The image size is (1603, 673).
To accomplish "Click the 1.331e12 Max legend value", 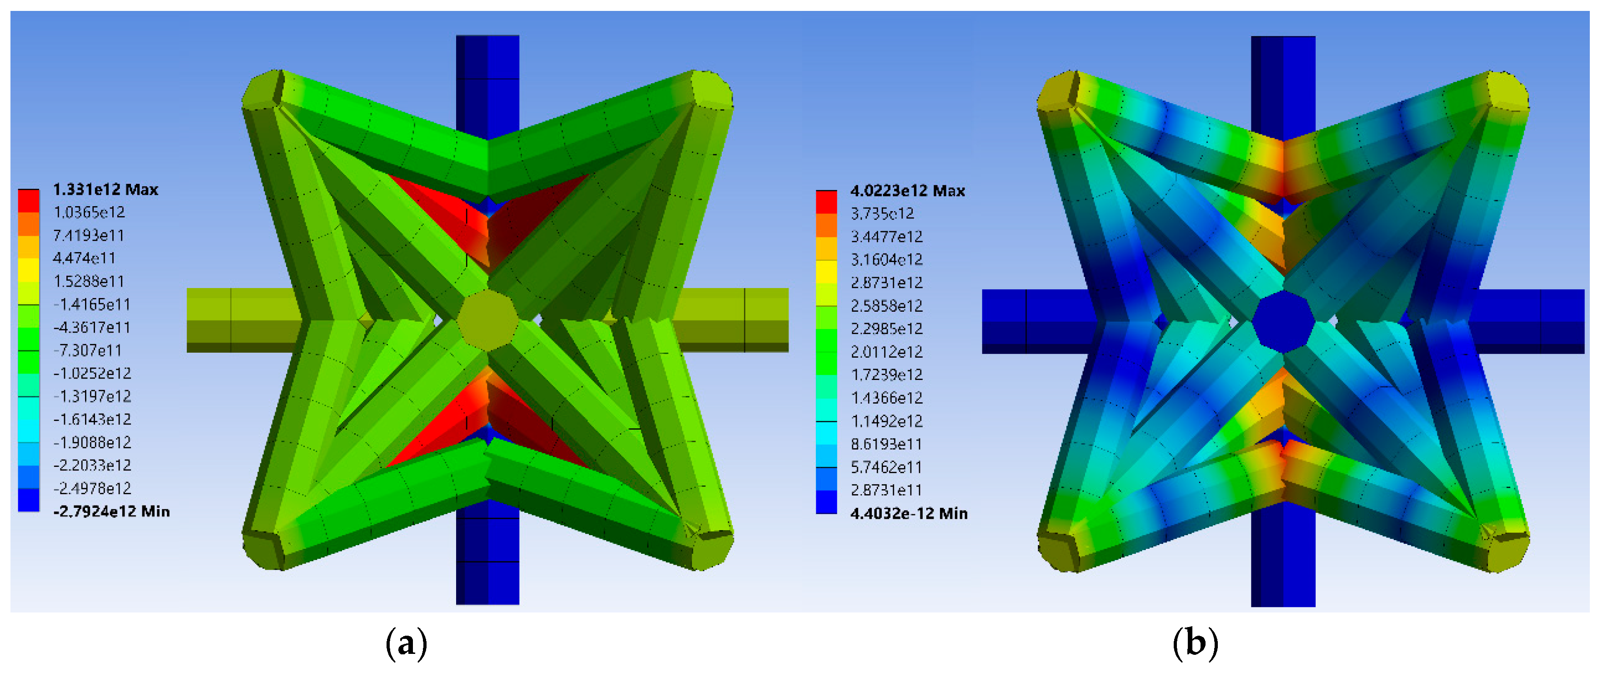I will [105, 189].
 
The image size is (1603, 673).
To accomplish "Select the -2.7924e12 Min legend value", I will [111, 511].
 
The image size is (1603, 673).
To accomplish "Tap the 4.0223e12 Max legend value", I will [907, 191].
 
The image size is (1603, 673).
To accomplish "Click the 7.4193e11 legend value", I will [88, 235].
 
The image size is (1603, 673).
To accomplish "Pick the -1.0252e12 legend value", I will [92, 373].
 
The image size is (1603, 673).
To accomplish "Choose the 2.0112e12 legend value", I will [887, 352].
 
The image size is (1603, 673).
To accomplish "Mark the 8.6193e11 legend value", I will [887, 444].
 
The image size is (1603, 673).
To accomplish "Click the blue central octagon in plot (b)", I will [1283, 321].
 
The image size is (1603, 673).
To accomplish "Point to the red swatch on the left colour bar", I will [29, 201].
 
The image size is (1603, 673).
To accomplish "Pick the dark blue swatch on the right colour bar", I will [826, 502].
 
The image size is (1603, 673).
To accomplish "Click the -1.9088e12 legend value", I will [92, 442].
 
